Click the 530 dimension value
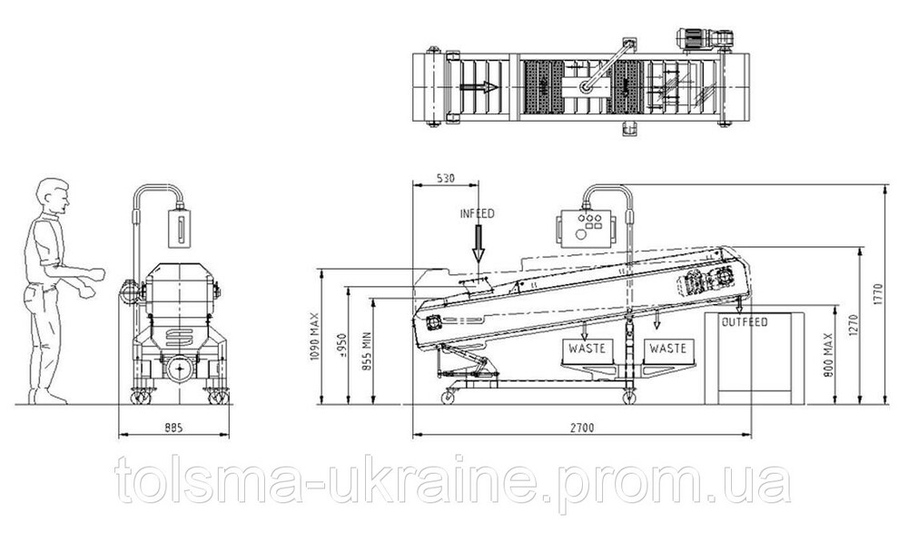(x=445, y=178)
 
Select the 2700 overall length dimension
(x=582, y=428)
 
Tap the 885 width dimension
(x=173, y=428)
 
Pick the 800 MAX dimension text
(x=826, y=356)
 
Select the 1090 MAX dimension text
(x=316, y=337)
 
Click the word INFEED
(x=478, y=213)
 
